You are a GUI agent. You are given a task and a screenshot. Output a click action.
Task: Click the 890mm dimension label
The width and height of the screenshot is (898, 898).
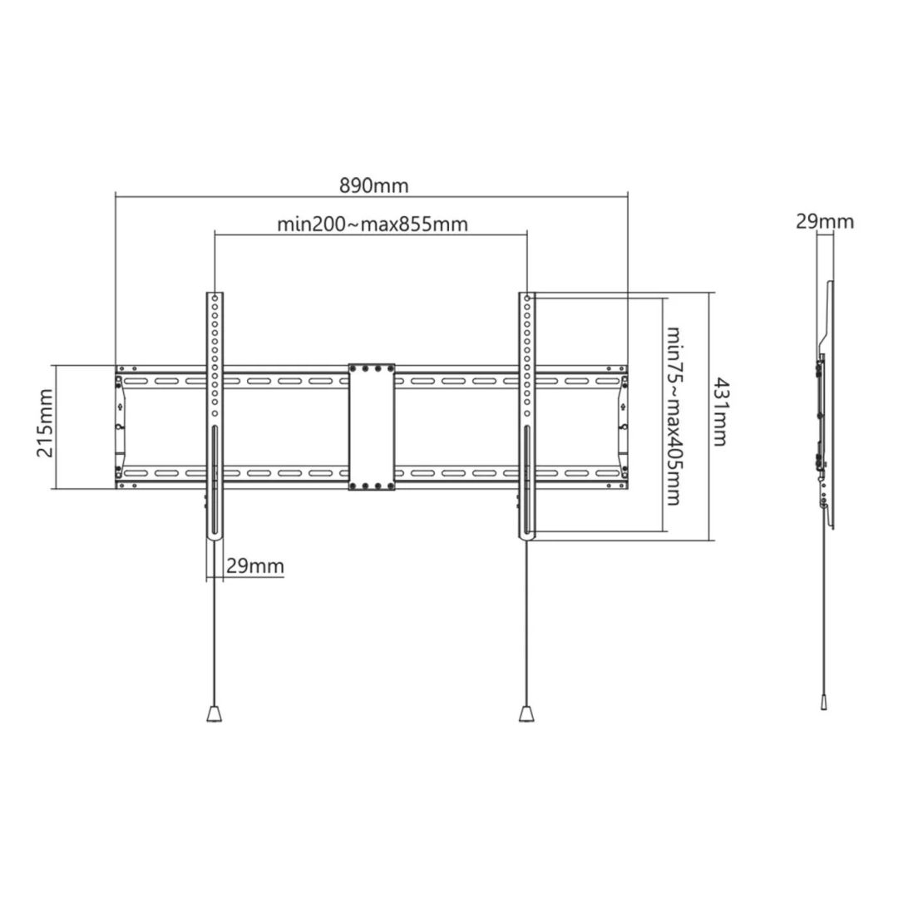click(x=373, y=185)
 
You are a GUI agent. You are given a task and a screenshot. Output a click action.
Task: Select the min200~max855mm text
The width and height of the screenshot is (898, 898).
click(x=372, y=224)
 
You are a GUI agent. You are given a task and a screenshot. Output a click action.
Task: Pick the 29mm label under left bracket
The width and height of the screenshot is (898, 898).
click(x=254, y=566)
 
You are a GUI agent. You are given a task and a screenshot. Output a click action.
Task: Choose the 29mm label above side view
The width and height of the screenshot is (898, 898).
click(x=825, y=221)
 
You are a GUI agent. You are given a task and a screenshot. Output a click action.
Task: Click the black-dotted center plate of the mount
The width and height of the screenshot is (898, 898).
click(x=371, y=426)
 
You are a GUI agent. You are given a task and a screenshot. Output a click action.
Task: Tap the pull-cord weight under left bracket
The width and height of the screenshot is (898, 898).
click(x=215, y=713)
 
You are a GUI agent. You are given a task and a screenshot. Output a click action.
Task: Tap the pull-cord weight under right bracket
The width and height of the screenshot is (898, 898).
click(x=527, y=713)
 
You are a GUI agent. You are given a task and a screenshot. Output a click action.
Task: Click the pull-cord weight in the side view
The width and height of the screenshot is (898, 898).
click(x=822, y=703)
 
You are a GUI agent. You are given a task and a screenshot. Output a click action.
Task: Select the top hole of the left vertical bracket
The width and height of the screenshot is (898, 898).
click(x=215, y=298)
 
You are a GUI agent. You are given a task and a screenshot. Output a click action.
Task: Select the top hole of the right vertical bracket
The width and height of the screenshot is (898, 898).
click(x=527, y=298)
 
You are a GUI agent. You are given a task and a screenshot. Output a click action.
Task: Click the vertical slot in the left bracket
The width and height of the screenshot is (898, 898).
click(x=215, y=482)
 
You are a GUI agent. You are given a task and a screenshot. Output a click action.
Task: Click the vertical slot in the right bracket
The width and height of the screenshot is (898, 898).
click(x=527, y=482)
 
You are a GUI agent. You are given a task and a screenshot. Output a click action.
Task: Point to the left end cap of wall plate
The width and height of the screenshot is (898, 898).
click(x=120, y=427)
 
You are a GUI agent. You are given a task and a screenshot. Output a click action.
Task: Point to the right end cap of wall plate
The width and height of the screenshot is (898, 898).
click(x=622, y=427)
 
